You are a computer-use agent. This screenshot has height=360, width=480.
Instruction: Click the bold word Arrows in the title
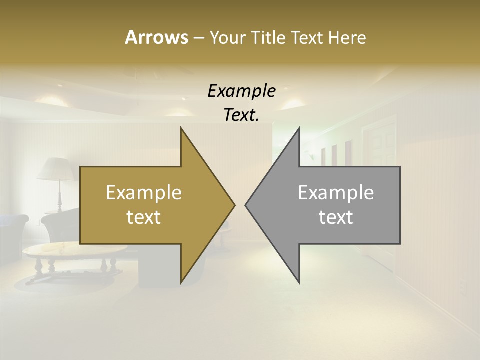(156, 37)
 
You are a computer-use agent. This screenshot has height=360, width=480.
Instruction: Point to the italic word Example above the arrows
(241, 91)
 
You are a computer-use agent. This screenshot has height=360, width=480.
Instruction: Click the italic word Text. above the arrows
(241, 115)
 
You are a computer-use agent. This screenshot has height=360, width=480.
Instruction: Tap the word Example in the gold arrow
(144, 193)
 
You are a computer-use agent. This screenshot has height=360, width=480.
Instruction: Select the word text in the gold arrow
(144, 217)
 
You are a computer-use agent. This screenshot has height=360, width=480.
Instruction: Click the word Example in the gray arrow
(336, 193)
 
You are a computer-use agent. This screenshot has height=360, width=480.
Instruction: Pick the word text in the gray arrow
(336, 217)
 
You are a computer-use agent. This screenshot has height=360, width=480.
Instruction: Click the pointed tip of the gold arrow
(234, 205)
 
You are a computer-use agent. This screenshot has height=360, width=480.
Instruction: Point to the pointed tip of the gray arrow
(246, 205)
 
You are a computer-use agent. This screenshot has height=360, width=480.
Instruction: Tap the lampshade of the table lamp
(56, 169)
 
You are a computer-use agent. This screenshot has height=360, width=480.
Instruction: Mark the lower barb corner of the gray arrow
(299, 281)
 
